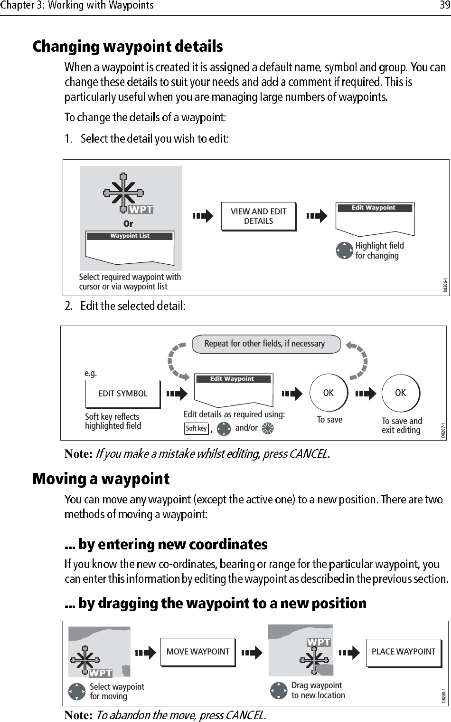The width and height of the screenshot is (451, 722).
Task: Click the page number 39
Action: [444, 5]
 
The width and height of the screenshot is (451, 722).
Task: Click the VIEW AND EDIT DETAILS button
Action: [258, 216]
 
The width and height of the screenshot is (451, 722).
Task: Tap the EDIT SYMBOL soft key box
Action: [122, 394]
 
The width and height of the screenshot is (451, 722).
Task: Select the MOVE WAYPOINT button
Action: [197, 652]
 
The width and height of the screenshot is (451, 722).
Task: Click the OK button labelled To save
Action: [328, 393]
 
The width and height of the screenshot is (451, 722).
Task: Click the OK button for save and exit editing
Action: [401, 393]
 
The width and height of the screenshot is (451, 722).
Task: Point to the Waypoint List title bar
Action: [130, 236]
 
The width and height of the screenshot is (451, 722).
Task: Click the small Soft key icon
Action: [196, 429]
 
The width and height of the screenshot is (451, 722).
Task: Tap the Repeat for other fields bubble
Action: [265, 344]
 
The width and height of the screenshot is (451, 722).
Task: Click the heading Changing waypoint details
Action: [128, 47]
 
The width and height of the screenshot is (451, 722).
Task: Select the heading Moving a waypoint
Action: [101, 479]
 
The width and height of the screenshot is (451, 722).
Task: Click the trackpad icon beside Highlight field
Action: [344, 250]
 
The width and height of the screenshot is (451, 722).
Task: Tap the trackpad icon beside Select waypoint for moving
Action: [77, 692]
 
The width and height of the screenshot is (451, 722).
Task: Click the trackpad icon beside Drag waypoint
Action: [279, 690]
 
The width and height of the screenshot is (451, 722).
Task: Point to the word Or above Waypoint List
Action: [128, 223]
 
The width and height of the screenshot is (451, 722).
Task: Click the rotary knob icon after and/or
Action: [267, 428]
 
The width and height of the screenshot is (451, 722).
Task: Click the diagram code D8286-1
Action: [445, 286]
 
